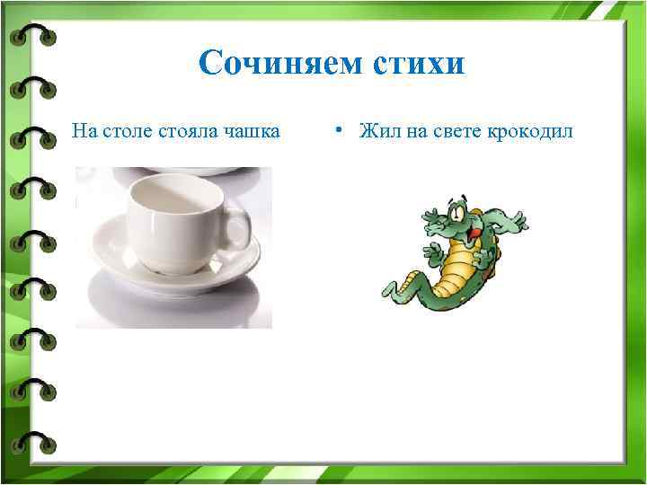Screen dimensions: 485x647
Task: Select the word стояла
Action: pyautogui.click(x=190, y=132)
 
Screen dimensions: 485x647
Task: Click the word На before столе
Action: pyautogui.click(x=85, y=132)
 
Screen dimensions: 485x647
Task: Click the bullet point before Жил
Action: pyautogui.click(x=334, y=131)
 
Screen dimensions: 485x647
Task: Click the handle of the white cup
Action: pyautogui.click(x=236, y=228)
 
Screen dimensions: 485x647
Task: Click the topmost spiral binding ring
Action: pyautogui.click(x=33, y=36)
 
